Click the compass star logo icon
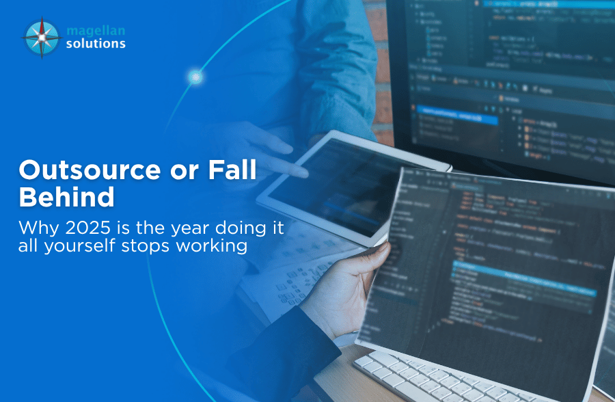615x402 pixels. tap(42, 37)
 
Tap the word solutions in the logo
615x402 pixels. tap(96, 43)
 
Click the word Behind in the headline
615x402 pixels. tap(66, 196)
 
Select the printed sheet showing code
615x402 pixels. tap(492, 273)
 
